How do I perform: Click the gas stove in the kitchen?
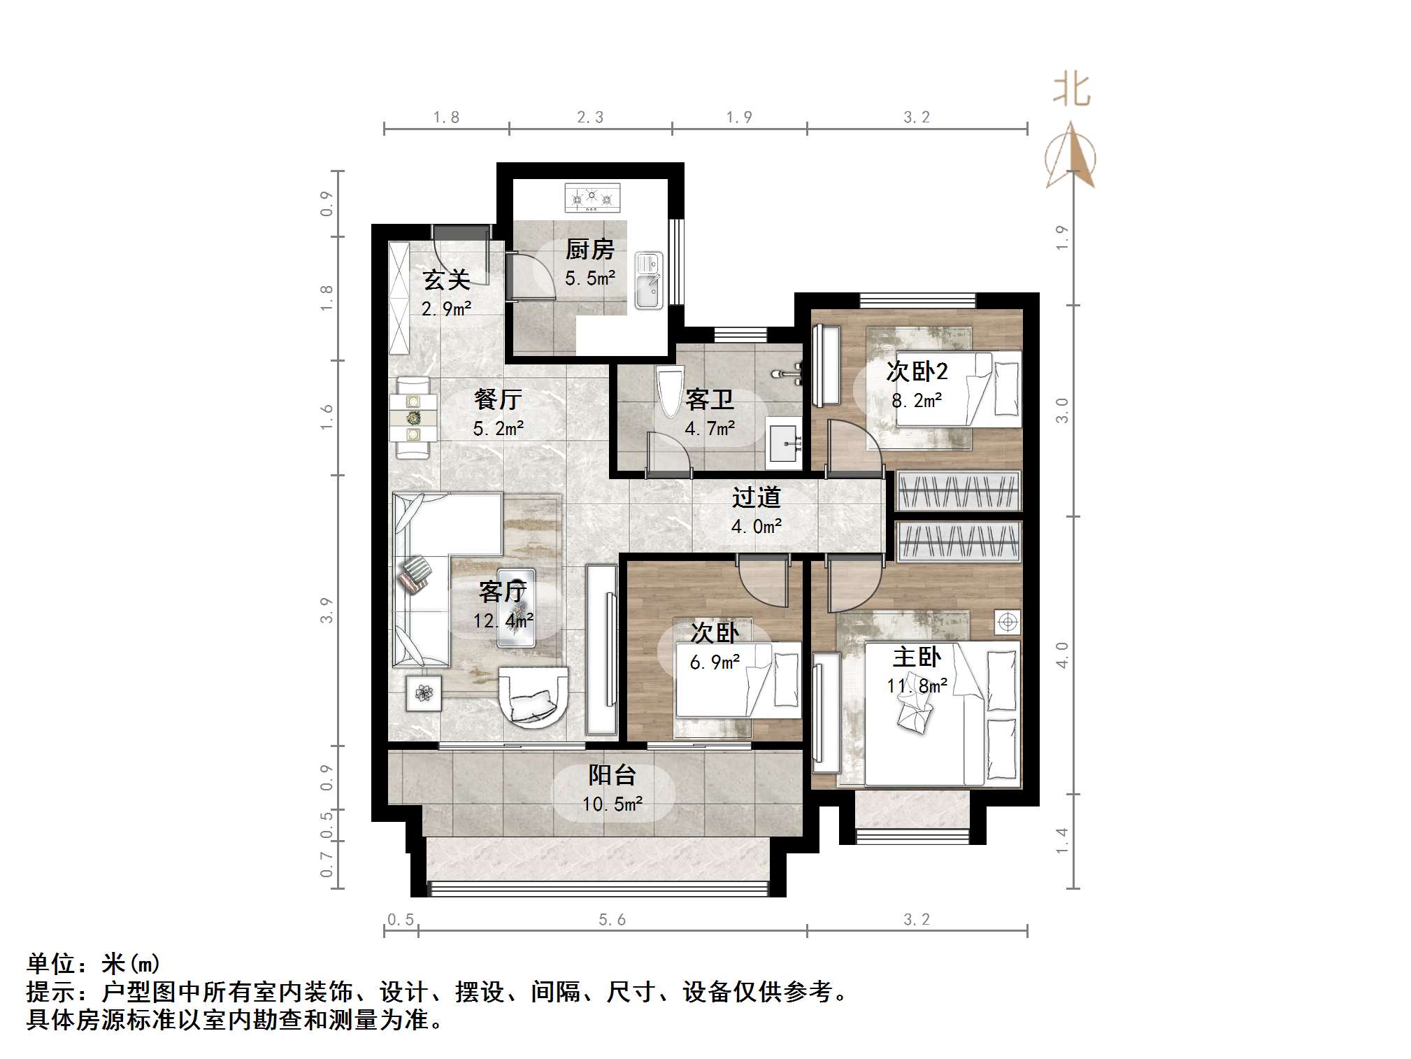point(592,197)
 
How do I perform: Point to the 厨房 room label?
point(589,250)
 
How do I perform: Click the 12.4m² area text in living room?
point(503,620)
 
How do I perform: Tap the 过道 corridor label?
point(756,497)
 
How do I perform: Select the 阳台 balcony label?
point(612,775)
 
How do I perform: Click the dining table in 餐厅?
point(413,418)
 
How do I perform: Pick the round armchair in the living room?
point(533,696)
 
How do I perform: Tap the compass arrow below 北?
point(1070,157)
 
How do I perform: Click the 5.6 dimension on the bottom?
point(612,920)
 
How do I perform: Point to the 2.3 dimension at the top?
point(590,118)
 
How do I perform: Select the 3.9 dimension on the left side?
point(326,610)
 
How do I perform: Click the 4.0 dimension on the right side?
point(1062,655)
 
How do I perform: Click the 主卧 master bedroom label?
point(917,658)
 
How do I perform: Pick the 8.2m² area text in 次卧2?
point(917,401)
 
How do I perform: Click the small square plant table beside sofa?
point(424,693)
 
